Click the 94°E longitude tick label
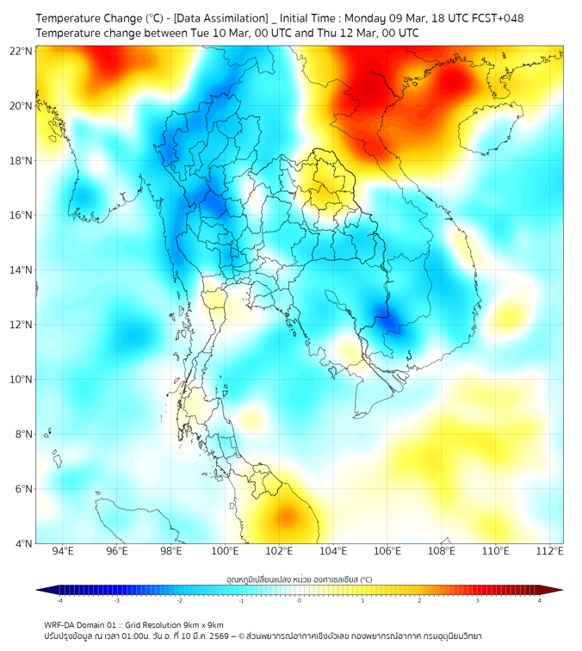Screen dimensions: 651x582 tap(63, 551)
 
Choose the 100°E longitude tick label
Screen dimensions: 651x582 tap(226, 551)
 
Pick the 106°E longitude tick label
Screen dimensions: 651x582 tap(387, 551)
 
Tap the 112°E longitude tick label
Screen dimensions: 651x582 tap(549, 551)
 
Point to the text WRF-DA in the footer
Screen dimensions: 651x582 tap(61, 624)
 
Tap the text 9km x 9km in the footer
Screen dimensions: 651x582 tap(202, 624)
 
